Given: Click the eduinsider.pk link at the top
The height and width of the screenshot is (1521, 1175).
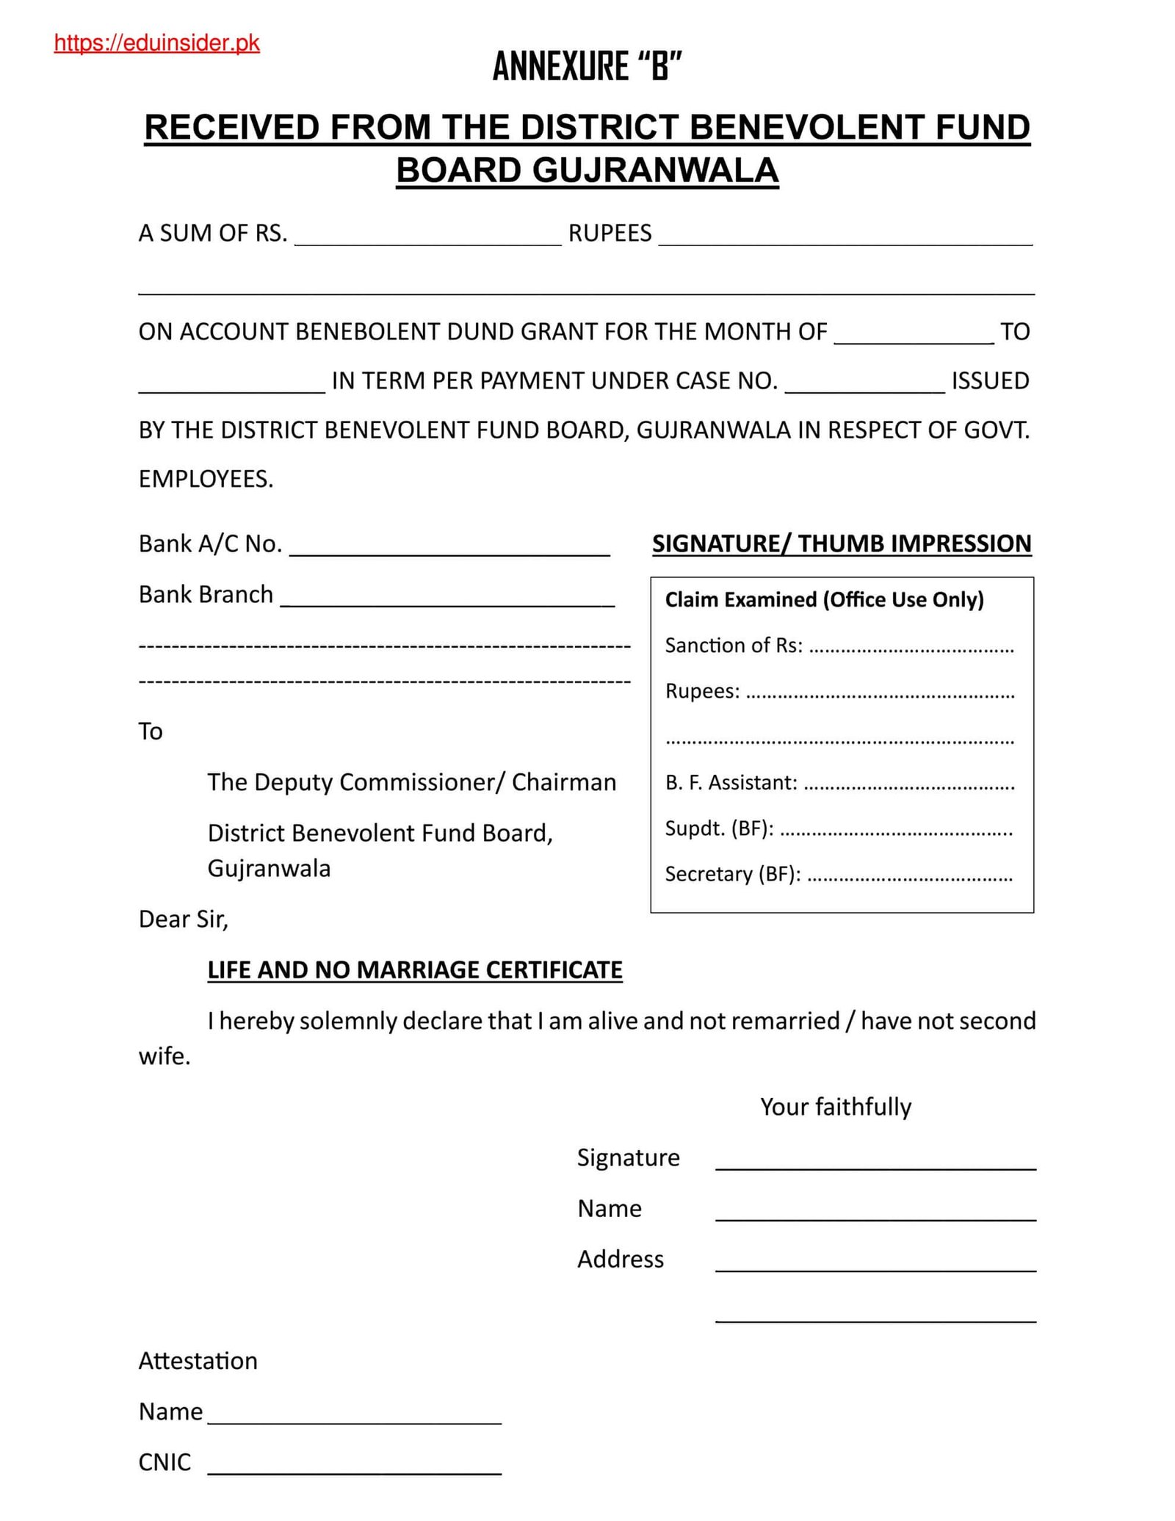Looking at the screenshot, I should [x=156, y=43].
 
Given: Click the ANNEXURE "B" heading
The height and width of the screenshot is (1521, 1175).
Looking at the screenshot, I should [x=587, y=67].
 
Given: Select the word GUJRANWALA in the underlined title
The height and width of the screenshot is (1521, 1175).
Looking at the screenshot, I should [x=655, y=170].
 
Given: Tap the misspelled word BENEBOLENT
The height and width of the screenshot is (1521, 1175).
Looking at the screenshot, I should [x=366, y=332].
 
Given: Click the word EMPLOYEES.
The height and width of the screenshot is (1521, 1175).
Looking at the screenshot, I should [x=206, y=479].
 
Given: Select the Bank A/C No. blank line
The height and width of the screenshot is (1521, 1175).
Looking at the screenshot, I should [x=449, y=548].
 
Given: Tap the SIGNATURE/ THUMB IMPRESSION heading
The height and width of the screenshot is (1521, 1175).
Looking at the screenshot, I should [x=842, y=543].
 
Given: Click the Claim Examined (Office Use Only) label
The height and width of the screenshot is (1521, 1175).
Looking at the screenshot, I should [x=824, y=600].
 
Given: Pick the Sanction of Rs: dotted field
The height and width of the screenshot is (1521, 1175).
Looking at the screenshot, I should [x=911, y=646].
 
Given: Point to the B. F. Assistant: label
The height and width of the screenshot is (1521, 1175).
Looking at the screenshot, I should [x=731, y=783].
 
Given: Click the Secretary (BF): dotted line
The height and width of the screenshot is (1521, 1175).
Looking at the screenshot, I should [x=910, y=875].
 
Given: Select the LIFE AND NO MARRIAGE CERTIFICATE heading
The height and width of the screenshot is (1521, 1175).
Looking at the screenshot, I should [x=415, y=970].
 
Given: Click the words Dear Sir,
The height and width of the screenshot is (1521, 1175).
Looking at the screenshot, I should [x=184, y=920].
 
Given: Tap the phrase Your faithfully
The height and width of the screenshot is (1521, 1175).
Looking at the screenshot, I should [x=836, y=1107].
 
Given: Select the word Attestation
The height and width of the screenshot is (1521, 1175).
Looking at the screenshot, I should [x=198, y=1361].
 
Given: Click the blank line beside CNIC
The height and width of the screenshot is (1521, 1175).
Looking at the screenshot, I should [x=355, y=1464].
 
